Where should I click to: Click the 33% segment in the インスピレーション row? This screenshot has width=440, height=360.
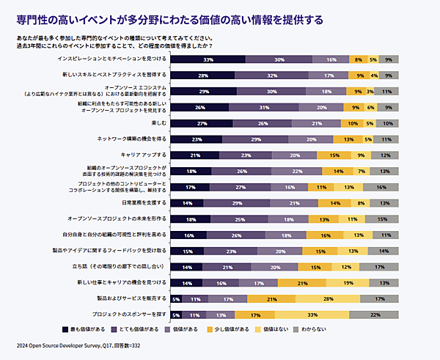click(208, 59)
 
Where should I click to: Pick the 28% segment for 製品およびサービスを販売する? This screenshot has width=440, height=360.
click(329, 298)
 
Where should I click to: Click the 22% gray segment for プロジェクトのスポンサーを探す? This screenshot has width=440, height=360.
click(375, 315)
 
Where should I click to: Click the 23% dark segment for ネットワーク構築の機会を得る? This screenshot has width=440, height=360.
click(196, 139)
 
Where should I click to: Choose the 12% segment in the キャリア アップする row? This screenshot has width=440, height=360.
click(385, 155)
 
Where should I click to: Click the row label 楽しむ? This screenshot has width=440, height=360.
click(158, 123)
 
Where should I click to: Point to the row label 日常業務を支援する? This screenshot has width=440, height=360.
click(142, 203)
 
